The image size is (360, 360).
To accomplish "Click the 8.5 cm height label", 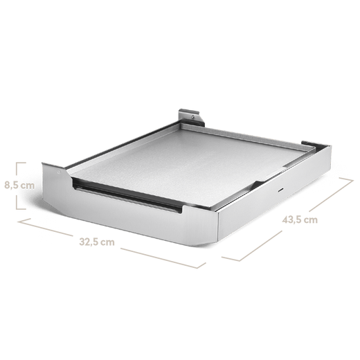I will [x=19, y=185].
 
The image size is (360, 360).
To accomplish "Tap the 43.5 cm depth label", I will [x=300, y=221].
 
